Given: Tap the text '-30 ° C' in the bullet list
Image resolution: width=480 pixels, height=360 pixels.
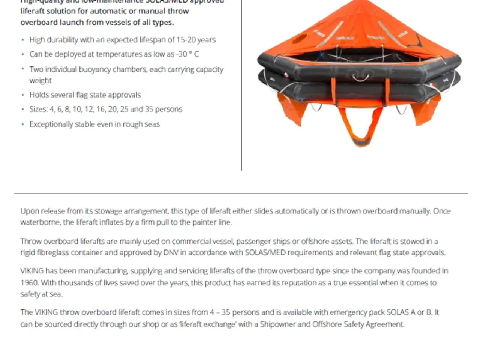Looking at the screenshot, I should tap(188, 54).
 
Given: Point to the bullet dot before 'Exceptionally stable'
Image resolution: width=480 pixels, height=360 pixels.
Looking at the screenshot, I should tap(23, 124).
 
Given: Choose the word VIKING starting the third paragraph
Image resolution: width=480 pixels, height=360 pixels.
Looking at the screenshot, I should tap(32, 271).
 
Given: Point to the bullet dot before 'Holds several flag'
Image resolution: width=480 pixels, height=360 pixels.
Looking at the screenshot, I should tap(23, 95).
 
